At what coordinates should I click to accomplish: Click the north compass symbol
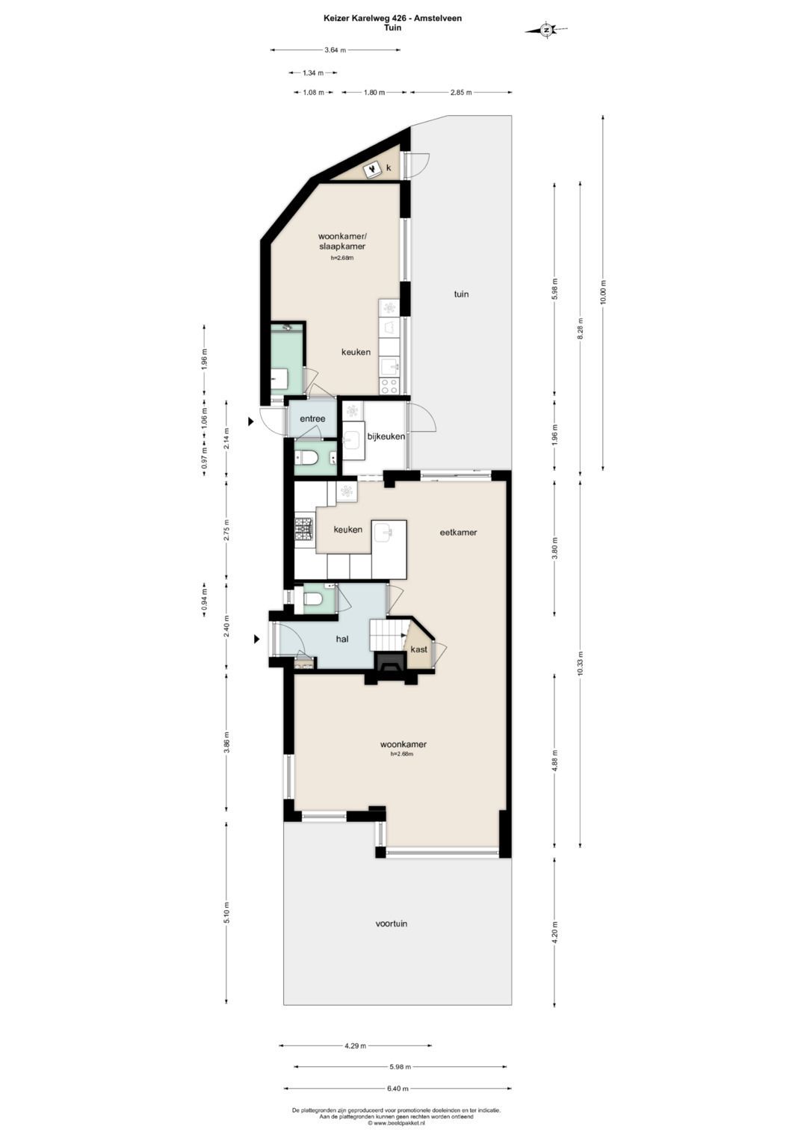click(x=546, y=30)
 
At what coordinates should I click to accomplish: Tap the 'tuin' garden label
click(x=461, y=294)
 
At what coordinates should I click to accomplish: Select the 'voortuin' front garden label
click(x=392, y=924)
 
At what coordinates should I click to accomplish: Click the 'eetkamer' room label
click(x=459, y=532)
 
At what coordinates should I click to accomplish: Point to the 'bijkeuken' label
click(x=387, y=436)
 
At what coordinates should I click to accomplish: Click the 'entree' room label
click(x=312, y=418)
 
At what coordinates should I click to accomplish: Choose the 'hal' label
click(x=342, y=639)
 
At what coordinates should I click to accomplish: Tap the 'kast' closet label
click(x=418, y=649)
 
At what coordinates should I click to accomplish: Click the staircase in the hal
click(x=389, y=634)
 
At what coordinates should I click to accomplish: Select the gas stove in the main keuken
click(x=305, y=529)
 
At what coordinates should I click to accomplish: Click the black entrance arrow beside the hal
click(x=257, y=639)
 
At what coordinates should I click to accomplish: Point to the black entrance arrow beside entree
click(x=250, y=421)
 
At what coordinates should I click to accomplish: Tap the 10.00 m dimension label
click(x=603, y=292)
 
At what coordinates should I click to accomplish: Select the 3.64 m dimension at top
click(x=336, y=50)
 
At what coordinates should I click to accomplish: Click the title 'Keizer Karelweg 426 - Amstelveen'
click(x=393, y=19)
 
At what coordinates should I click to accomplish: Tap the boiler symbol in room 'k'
click(x=372, y=169)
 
